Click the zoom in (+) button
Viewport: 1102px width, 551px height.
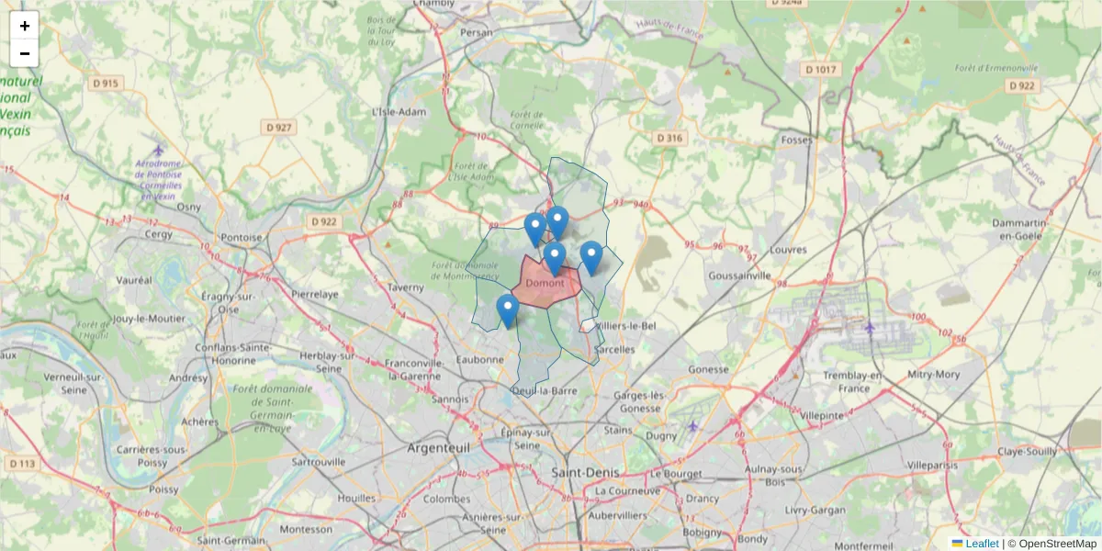click(x=25, y=26)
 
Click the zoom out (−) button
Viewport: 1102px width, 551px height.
click(x=25, y=53)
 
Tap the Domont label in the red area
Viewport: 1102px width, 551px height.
click(x=545, y=283)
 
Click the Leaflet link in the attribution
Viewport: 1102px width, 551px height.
click(x=982, y=544)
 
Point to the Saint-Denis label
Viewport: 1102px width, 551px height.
click(x=585, y=472)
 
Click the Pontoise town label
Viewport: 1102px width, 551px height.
click(x=242, y=237)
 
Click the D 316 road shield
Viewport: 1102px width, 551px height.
click(x=670, y=138)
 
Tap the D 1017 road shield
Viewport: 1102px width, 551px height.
click(x=820, y=70)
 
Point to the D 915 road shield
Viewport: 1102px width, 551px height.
click(x=106, y=84)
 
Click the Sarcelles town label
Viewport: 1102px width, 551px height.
click(x=614, y=350)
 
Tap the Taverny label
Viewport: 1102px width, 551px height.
click(x=405, y=287)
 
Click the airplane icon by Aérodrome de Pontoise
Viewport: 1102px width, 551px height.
click(x=158, y=150)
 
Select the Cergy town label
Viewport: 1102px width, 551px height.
click(x=158, y=234)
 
